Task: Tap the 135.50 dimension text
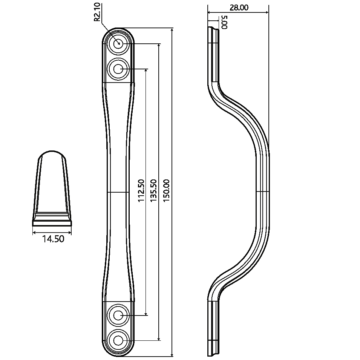point(153,191)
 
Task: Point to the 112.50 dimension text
point(141,191)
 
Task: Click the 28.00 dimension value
point(238,7)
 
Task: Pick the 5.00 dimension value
point(224,21)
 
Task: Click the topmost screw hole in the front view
point(118,43)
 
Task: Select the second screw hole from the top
point(118,69)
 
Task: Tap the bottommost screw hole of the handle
point(118,340)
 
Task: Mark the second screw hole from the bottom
point(118,314)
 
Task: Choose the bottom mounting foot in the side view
point(213,328)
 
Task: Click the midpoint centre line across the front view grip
point(118,192)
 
